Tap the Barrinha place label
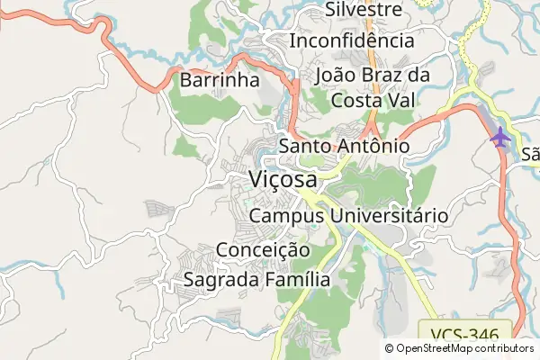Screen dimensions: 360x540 click(220, 80)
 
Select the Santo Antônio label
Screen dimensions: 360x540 click(345, 146)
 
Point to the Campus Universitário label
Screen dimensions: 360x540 click(348, 216)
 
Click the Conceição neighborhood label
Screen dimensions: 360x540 click(263, 249)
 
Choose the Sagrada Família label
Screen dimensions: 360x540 click(256, 280)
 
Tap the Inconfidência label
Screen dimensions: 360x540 click(352, 40)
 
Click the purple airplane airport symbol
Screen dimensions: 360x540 click(500, 138)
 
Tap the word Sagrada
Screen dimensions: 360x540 click(221, 280)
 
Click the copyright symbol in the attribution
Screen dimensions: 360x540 click(390, 348)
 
